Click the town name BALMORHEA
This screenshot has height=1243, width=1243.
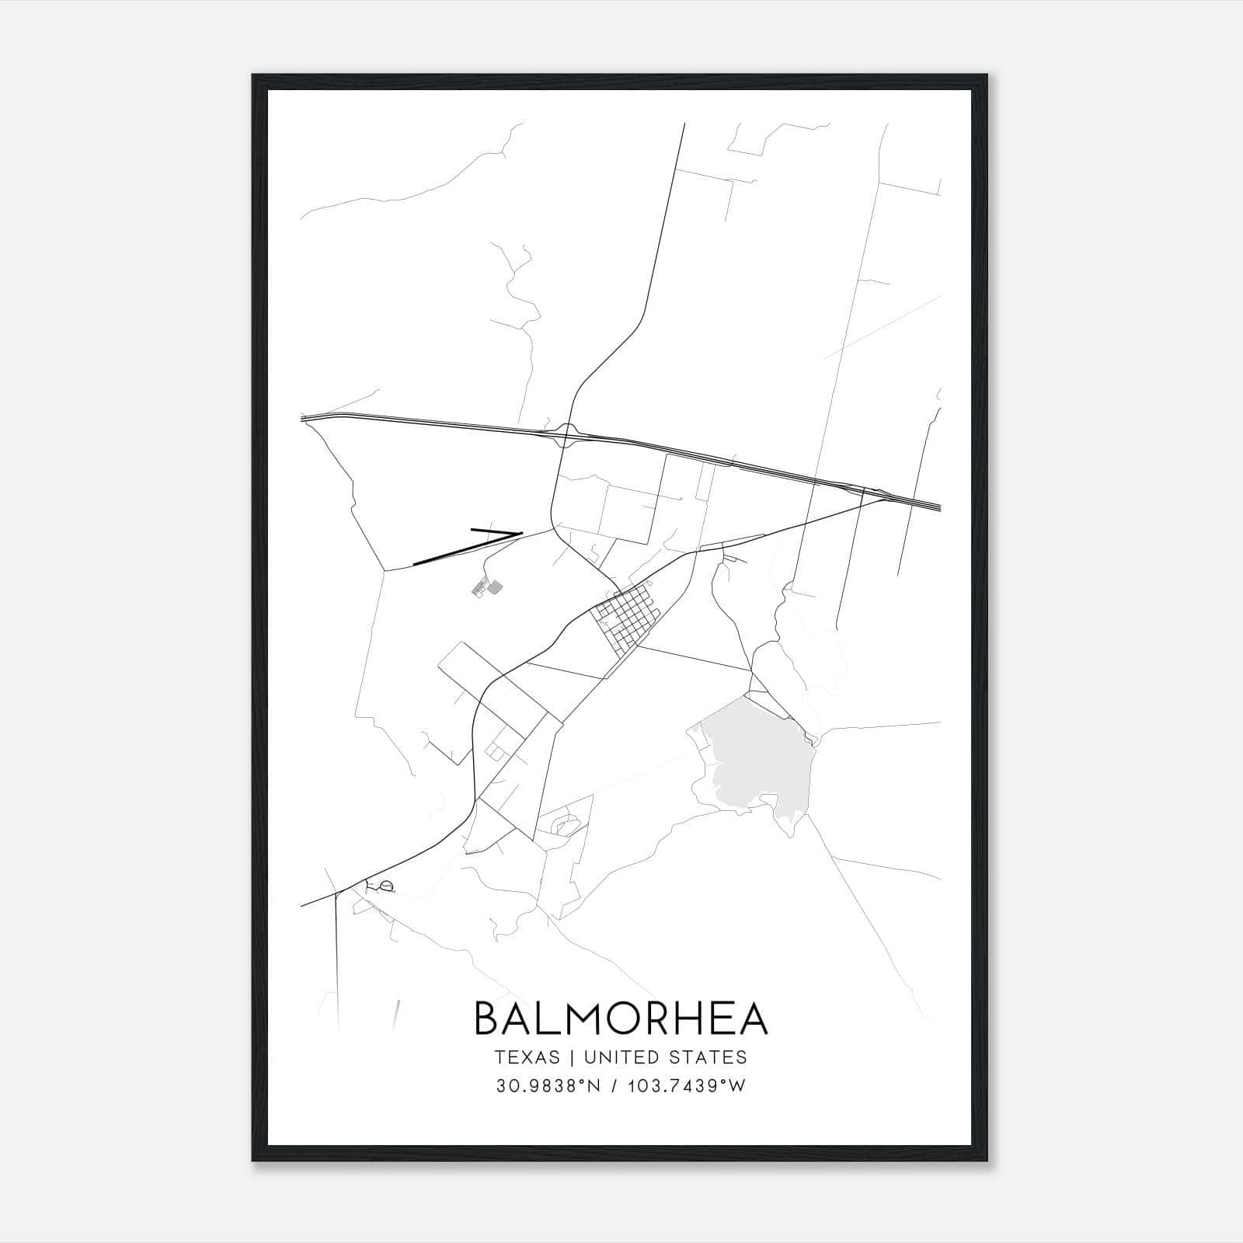click(x=621, y=1018)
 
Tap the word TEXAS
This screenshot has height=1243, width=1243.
click(x=527, y=1057)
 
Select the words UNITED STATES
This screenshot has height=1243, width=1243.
click(x=665, y=1057)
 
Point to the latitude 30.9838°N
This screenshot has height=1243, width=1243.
click(x=549, y=1086)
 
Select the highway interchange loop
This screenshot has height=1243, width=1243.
click(x=567, y=433)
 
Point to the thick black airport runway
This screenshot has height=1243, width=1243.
click(x=466, y=545)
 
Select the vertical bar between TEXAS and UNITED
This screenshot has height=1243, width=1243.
click(x=572, y=1057)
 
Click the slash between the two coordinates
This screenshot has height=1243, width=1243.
click(x=616, y=1086)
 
